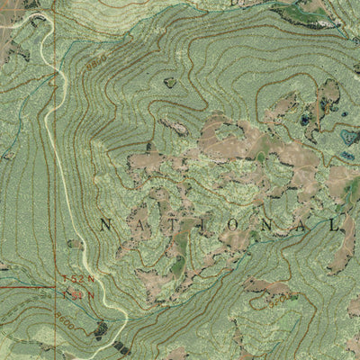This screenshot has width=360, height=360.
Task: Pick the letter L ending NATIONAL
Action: pos(334,223)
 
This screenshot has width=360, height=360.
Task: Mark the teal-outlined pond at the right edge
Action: pos(347,137)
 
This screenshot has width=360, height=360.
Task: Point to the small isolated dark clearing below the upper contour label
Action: pos(170,82)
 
